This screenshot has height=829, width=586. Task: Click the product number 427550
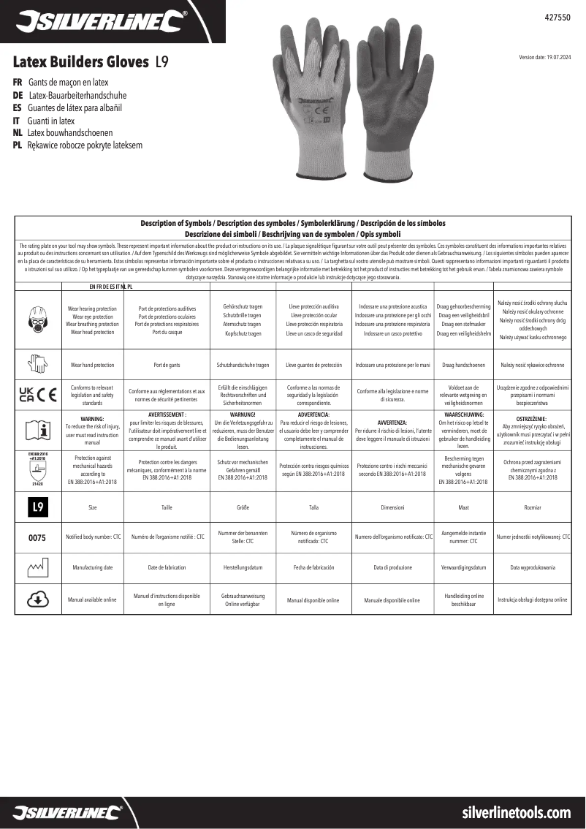[x=559, y=15]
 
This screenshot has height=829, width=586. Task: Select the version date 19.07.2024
[x=545, y=57]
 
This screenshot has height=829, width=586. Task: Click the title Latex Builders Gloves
[x=82, y=62]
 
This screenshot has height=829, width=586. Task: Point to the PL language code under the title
[x=19, y=145]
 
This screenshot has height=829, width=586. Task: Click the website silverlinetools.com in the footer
[x=517, y=812]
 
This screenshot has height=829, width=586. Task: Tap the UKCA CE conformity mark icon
[x=37, y=395]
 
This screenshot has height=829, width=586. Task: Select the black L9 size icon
[x=37, y=506]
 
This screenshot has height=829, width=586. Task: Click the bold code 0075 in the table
[x=37, y=537]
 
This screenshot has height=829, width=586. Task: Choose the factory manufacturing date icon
[x=37, y=568]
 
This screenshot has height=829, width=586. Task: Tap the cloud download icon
[x=37, y=599]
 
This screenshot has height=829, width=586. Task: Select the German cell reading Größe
[x=244, y=506]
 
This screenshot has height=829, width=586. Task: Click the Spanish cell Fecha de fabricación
[x=313, y=568]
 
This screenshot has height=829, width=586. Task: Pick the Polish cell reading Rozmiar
[x=532, y=506]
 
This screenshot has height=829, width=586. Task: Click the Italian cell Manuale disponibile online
[x=392, y=600]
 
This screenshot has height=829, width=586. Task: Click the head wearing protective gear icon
[x=37, y=318]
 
